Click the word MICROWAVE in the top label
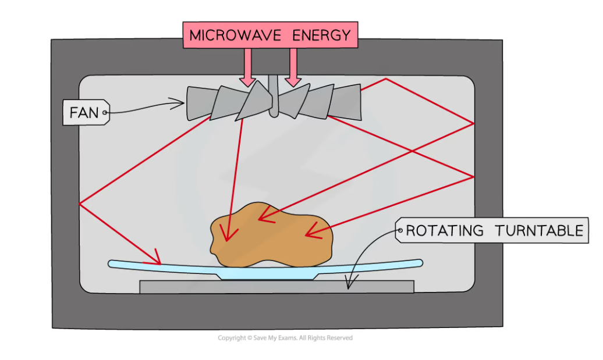[229, 35]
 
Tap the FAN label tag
[85, 112]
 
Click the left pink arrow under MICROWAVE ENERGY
[248, 67]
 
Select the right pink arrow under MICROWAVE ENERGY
[293, 67]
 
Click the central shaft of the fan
[274, 96]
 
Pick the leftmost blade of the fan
[198, 104]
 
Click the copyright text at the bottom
[285, 338]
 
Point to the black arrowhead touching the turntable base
[349, 284]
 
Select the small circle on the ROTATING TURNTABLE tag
[400, 231]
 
